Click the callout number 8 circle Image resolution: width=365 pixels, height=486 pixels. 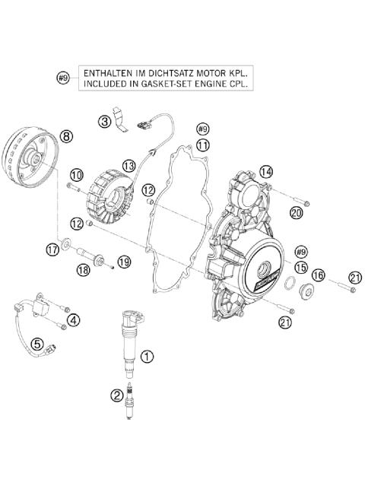66,136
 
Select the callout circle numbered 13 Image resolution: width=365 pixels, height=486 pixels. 129,165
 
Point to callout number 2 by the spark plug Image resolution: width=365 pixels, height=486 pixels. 116,395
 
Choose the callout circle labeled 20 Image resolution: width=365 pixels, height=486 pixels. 296,213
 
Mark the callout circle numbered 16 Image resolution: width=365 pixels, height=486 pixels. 319,275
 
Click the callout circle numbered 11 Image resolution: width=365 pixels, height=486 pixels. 202,144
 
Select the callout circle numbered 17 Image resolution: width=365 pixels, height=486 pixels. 52,248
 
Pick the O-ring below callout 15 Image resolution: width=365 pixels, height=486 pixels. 291,285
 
